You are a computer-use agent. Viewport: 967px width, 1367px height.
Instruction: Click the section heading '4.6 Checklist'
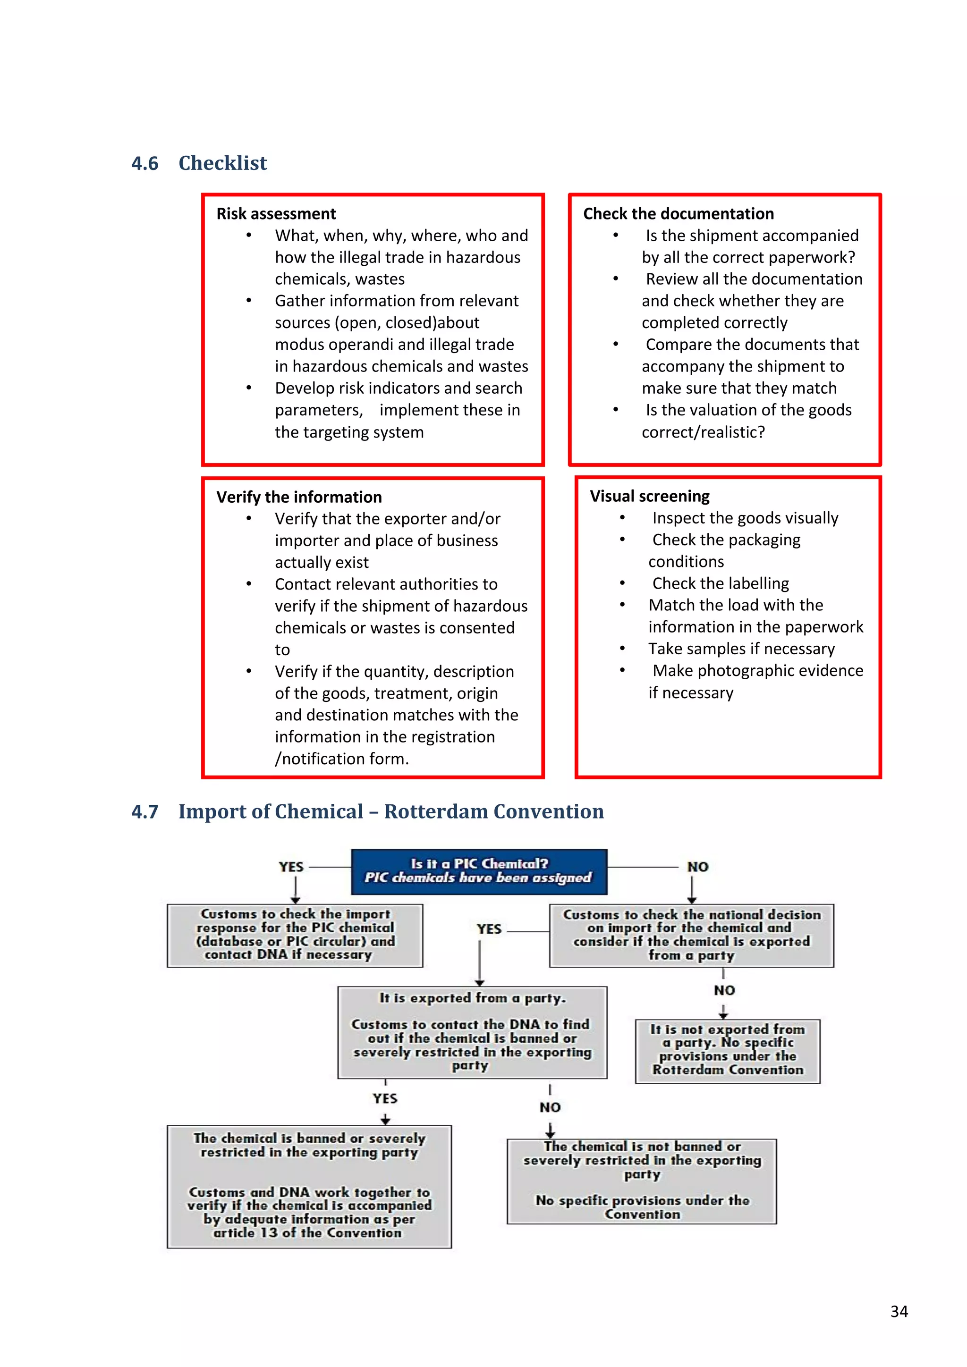199,163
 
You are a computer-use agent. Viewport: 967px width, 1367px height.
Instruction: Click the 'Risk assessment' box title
276,214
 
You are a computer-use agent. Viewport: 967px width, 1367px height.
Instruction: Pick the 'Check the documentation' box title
678,214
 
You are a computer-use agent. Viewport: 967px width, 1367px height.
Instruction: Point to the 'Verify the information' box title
299,497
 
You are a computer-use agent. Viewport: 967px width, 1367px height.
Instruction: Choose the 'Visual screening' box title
650,496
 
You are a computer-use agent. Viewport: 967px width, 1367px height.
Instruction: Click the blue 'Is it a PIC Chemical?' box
479,871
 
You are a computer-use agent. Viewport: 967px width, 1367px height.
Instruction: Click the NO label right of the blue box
697,867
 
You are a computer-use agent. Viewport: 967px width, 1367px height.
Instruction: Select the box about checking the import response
295,935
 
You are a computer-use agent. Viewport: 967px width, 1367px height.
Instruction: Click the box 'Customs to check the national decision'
691,935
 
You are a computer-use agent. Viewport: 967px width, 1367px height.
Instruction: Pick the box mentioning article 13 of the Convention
309,1186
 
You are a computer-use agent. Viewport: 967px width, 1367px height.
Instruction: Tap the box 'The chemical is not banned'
641,1181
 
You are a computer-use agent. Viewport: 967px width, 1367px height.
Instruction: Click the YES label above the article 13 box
385,1098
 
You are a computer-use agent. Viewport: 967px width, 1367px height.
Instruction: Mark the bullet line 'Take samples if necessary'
741,649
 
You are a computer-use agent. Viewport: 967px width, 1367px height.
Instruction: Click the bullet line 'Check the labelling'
721,583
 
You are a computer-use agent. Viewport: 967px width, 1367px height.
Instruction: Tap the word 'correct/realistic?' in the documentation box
703,432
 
